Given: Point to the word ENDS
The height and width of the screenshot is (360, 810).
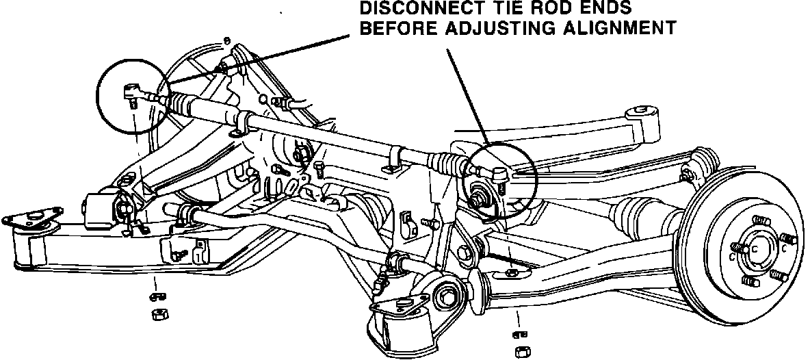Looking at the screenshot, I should [603, 9].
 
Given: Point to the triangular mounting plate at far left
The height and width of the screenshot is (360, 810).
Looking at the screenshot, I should [28, 220].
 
